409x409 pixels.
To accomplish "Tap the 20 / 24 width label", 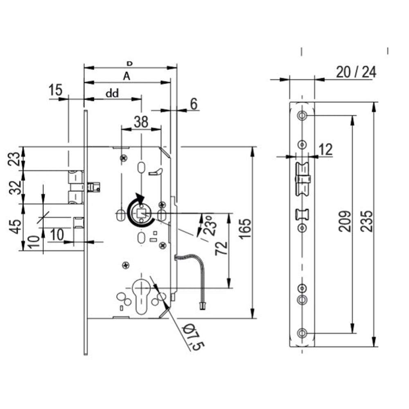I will [x=355, y=72].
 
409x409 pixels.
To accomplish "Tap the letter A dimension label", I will [x=127, y=76].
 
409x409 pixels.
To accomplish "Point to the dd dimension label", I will [x=112, y=93].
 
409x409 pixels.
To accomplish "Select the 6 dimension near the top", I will [x=193, y=104].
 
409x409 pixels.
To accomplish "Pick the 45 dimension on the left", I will [x=15, y=227].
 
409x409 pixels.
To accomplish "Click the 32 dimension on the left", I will [x=15, y=187].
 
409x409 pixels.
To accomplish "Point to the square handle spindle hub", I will [x=142, y=213].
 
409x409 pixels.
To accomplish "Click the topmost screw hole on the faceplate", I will [x=302, y=116].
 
